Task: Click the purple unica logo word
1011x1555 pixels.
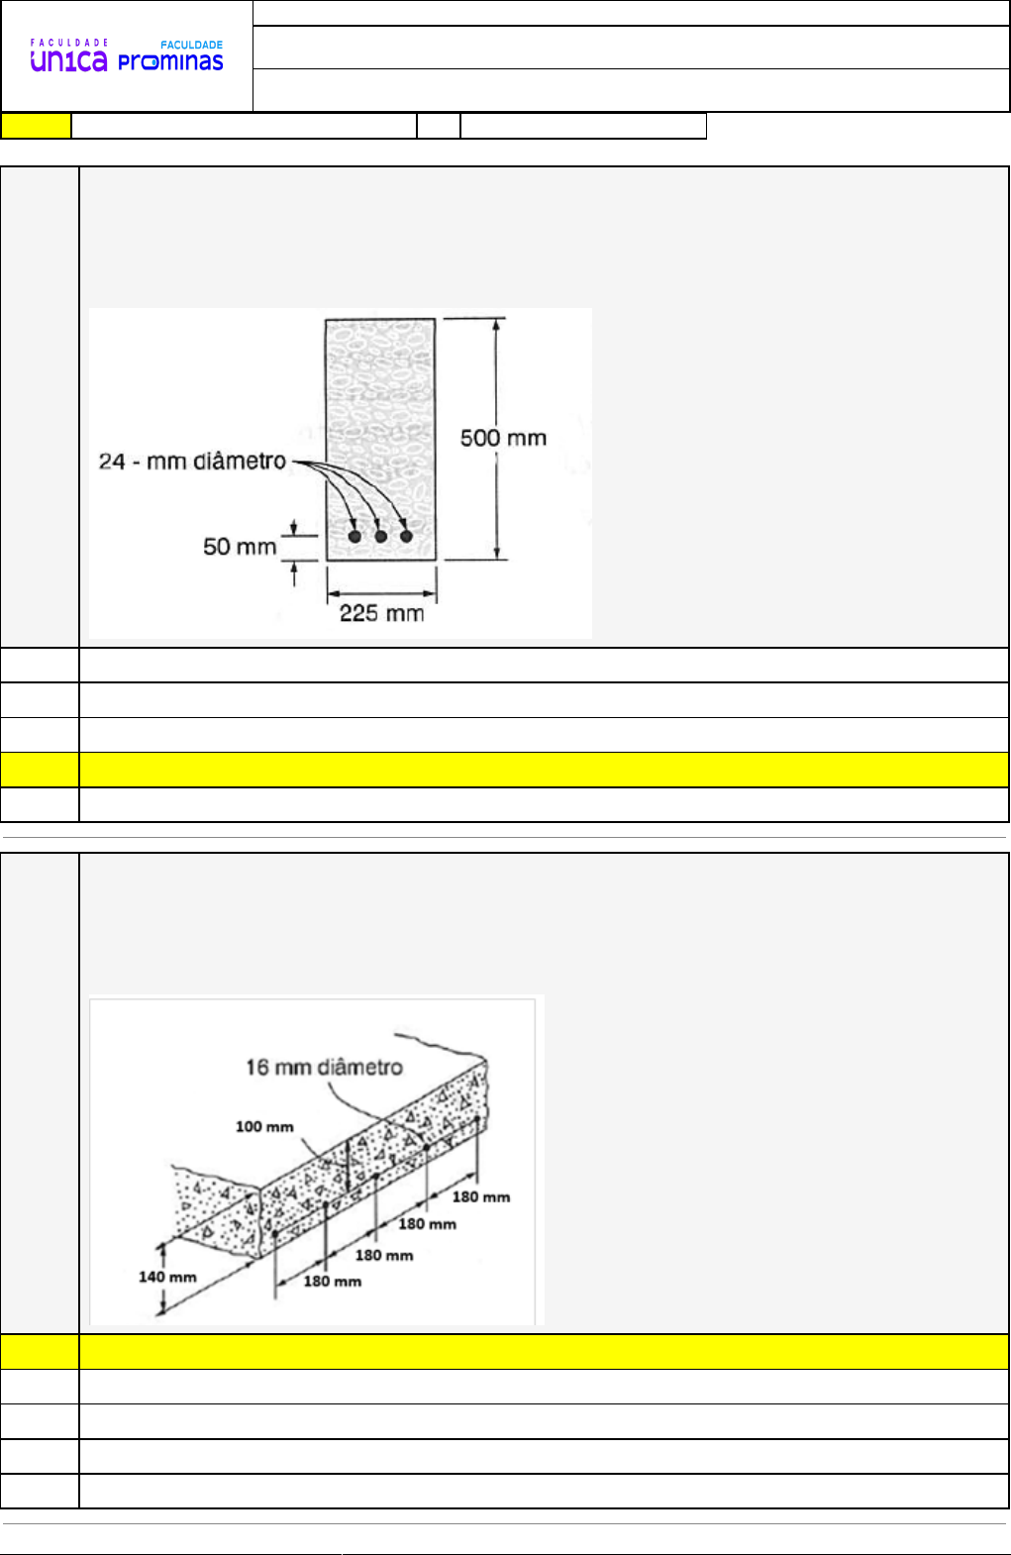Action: pyautogui.click(x=68, y=61)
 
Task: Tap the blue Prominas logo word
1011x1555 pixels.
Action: pyautogui.click(x=170, y=61)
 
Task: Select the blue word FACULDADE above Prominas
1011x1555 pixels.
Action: pyautogui.click(x=191, y=46)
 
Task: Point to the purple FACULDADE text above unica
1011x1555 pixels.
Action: pyautogui.click(x=68, y=43)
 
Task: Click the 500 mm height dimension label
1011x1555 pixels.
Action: pyautogui.click(x=503, y=438)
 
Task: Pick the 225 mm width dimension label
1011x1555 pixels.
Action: pyautogui.click(x=381, y=613)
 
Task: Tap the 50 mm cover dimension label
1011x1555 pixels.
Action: pyautogui.click(x=240, y=547)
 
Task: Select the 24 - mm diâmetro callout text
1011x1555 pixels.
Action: pyautogui.click(x=192, y=461)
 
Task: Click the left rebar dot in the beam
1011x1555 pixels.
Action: pyautogui.click(x=354, y=536)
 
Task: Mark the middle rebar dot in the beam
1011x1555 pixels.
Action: pyautogui.click(x=380, y=536)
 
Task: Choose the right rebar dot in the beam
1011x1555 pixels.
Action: pyautogui.click(x=406, y=536)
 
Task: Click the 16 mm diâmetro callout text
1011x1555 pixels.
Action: pyautogui.click(x=324, y=1067)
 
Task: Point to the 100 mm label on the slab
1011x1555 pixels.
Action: pyautogui.click(x=264, y=1127)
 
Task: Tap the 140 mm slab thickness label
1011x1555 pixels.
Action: pyautogui.click(x=167, y=1277)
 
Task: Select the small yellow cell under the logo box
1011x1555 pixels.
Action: pyautogui.click(x=36, y=126)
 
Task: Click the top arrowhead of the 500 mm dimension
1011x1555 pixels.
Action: pyautogui.click(x=496, y=324)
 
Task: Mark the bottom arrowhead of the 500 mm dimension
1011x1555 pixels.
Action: pyautogui.click(x=496, y=553)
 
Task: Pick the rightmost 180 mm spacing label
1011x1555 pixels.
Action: pyautogui.click(x=481, y=1196)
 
